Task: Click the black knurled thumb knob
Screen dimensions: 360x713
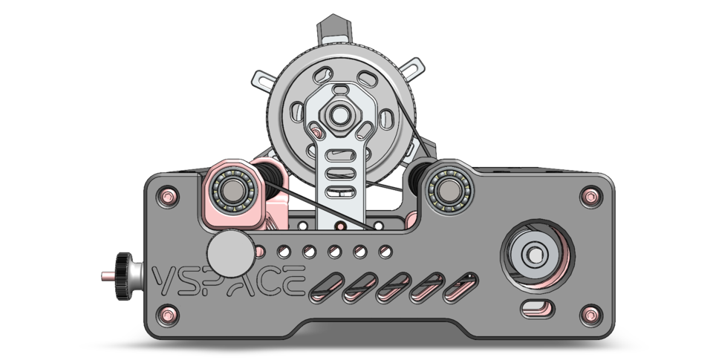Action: point(123,276)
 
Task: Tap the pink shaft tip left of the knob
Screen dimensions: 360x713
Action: point(105,276)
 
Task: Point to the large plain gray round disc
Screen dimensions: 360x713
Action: point(229,253)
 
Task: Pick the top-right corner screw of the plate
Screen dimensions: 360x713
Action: point(590,197)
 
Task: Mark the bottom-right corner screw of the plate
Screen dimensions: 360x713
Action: point(590,315)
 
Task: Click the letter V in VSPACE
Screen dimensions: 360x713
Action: point(163,281)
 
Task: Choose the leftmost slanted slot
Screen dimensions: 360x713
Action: point(328,287)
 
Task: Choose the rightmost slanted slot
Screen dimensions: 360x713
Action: point(461,287)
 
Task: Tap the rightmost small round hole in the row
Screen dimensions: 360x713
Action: point(385,252)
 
